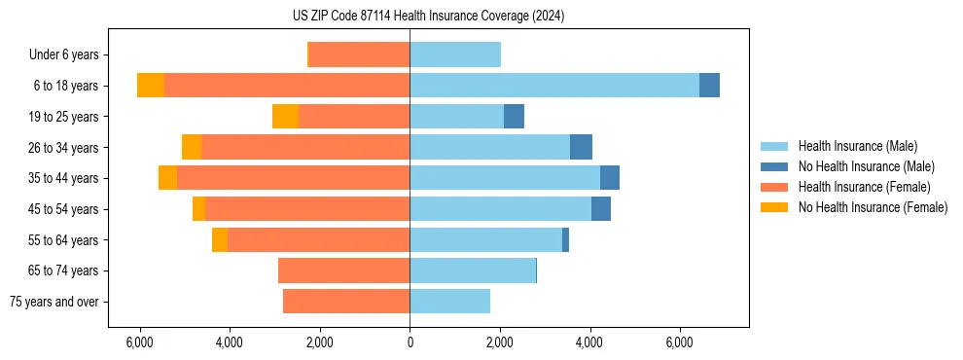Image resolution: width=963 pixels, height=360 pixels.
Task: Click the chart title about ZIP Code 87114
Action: point(428,17)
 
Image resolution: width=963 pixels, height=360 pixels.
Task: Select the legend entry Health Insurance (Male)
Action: point(856,146)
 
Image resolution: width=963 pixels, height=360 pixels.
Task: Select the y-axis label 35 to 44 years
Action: point(64,179)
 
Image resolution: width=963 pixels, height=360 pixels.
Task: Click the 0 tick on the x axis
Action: point(410,343)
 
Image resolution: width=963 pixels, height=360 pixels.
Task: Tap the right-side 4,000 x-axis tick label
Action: point(589,343)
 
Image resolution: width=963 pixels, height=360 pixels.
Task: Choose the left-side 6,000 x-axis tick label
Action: point(140,343)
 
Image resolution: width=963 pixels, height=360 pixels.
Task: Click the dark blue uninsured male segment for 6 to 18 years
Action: point(709,86)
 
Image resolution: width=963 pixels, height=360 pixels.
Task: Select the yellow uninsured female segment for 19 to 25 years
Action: point(285,117)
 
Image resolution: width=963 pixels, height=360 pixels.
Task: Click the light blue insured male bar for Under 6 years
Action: point(455,54)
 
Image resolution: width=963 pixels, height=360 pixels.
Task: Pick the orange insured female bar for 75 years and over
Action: point(346,302)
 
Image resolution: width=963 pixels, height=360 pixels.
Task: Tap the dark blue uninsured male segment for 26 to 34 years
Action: point(581,148)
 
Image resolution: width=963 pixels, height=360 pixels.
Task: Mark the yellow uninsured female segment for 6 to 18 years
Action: point(151,86)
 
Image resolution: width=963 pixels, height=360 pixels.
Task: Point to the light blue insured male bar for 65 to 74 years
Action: point(473,270)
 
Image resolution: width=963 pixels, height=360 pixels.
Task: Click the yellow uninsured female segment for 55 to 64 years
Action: point(220,240)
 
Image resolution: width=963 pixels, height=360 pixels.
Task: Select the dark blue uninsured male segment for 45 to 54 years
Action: point(601,209)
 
